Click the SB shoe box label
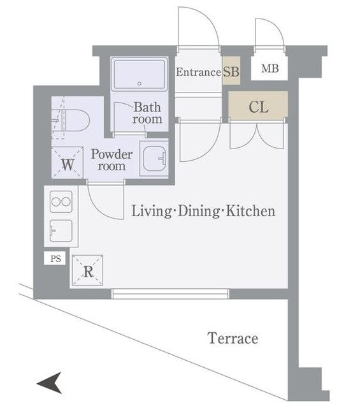click(231, 71)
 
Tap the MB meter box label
click(270, 68)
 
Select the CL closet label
click(258, 107)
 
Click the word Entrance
click(198, 72)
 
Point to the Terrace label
click(233, 338)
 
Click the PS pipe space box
click(55, 258)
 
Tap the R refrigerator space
click(88, 270)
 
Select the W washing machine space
click(68, 163)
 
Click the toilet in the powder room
click(71, 120)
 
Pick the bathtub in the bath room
click(139, 74)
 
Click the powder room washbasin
click(154, 159)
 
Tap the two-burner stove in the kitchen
click(61, 201)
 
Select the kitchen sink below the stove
click(61, 231)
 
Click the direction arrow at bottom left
click(50, 382)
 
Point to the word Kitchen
click(250, 211)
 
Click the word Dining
click(199, 212)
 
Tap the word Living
click(150, 212)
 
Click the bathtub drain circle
click(140, 84)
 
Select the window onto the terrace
click(170, 294)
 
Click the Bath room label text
click(147, 113)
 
